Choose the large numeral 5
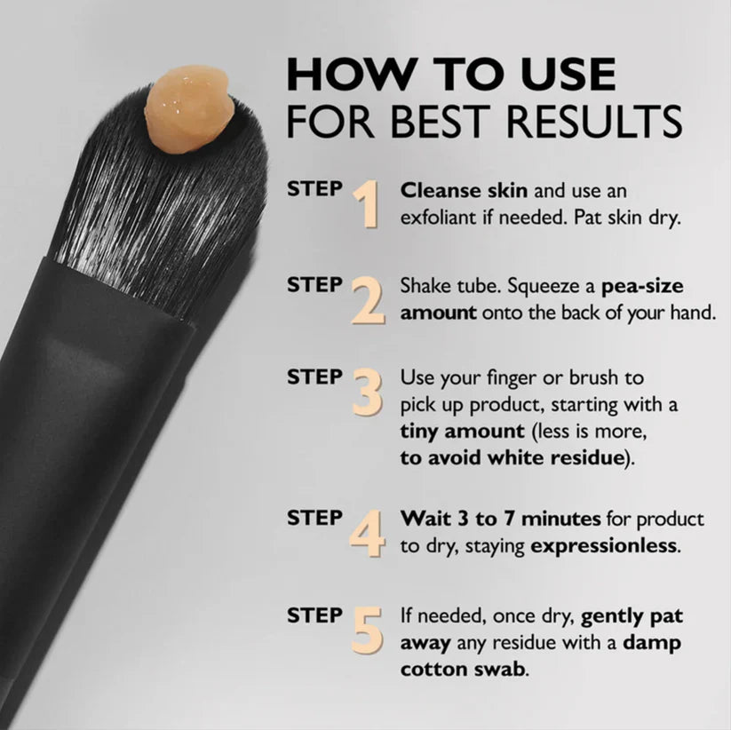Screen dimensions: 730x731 click(367, 628)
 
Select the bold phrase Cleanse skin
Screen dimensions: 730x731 click(451, 190)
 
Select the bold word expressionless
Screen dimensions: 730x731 click(604, 545)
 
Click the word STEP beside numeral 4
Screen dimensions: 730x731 click(314, 517)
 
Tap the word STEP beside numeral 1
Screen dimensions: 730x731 click(314, 189)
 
